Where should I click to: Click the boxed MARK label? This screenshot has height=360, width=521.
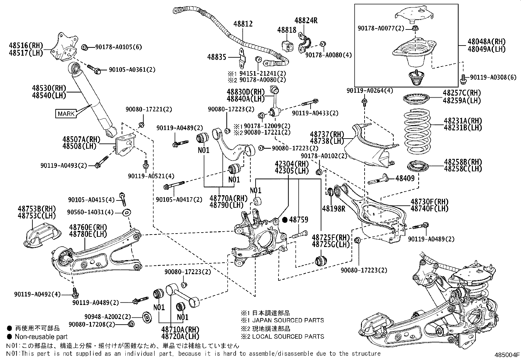[x=66, y=114]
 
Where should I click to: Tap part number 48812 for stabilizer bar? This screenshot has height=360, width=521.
[x=243, y=24]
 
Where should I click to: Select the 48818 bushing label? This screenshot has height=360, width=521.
[x=287, y=30]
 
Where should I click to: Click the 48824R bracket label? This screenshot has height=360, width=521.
[x=306, y=20]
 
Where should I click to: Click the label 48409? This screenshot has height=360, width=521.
[x=405, y=178]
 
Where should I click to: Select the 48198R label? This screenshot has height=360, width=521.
[x=333, y=208]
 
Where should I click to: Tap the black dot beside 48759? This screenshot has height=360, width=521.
[x=285, y=220]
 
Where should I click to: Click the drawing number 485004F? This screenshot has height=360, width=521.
[x=507, y=354]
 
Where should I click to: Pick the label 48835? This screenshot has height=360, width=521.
[x=217, y=57]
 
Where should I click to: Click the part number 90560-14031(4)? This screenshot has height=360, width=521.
[x=91, y=212]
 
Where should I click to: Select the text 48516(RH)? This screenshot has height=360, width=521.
[x=26, y=46]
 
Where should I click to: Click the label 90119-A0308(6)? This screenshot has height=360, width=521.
[x=493, y=77]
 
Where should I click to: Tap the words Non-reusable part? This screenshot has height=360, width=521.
[x=41, y=337]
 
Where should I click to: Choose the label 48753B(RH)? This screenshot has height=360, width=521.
[x=37, y=209]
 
